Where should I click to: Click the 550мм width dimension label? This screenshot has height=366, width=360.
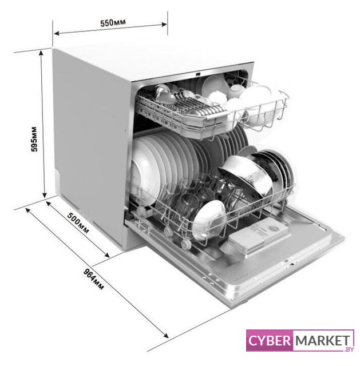pyautogui.click(x=113, y=23)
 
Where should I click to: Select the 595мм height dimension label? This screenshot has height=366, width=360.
pyautogui.click(x=34, y=139)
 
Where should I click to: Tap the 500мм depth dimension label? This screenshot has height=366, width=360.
pyautogui.click(x=78, y=223)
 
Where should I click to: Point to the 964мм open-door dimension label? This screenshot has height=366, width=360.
pyautogui.click(x=93, y=280)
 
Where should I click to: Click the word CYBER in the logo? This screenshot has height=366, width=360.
pyautogui.click(x=270, y=341)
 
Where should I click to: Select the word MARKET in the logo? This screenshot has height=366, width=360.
pyautogui.click(x=323, y=341)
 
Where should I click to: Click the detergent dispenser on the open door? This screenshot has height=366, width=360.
pyautogui.click(x=259, y=236)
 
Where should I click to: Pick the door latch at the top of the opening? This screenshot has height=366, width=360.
pyautogui.click(x=198, y=74)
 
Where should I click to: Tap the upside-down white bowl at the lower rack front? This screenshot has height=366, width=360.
pyautogui.click(x=209, y=220)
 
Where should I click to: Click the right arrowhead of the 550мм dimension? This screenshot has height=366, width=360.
pyautogui.click(x=164, y=24)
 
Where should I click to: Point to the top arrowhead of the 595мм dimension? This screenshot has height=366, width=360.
pyautogui.click(x=41, y=53)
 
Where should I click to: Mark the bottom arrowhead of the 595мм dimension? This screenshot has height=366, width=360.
pyautogui.click(x=45, y=194)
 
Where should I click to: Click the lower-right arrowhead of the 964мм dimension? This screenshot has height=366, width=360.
pyautogui.click(x=165, y=335)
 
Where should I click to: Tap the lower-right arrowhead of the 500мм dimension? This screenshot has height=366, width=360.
pyautogui.click(x=106, y=255)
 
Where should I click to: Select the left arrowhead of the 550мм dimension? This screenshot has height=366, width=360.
pyautogui.click(x=57, y=33)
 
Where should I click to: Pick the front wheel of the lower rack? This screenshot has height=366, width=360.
pyautogui.click(x=186, y=244)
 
